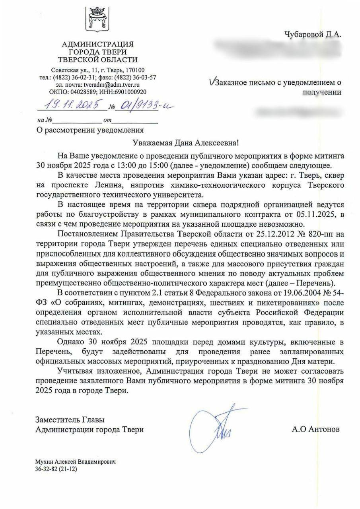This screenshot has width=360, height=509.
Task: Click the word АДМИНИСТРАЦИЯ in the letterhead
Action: (x=98, y=44)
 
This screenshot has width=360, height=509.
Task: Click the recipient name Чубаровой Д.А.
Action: (x=313, y=35)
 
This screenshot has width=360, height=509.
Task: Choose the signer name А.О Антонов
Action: (x=315, y=429)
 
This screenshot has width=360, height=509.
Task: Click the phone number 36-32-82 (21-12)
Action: (x=56, y=469)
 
